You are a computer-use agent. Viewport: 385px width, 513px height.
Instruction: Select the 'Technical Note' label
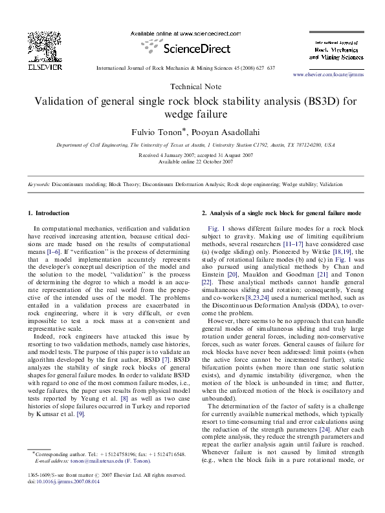click(x=192, y=86)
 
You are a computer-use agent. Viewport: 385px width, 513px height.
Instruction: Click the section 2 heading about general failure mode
click(x=281, y=213)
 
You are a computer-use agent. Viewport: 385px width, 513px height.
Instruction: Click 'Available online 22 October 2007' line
click(x=192, y=162)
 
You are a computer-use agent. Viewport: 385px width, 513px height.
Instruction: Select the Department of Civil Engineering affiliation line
click(x=192, y=146)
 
